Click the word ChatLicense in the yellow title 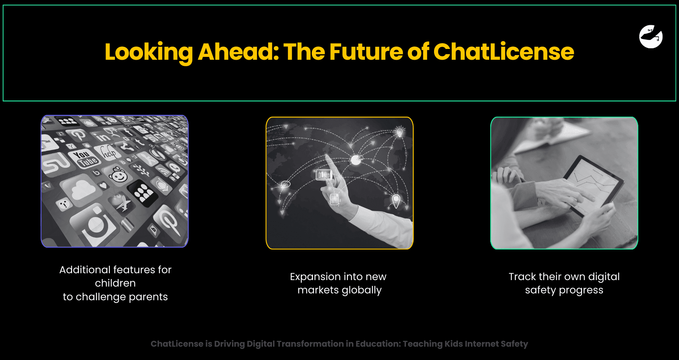pyautogui.click(x=503, y=52)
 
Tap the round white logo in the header pyautogui.click(x=651, y=37)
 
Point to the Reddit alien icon pyautogui.click(x=118, y=175)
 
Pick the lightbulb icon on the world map pyautogui.click(x=399, y=131)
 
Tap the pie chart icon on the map pyautogui.click(x=356, y=159)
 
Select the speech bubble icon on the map pyautogui.click(x=285, y=184)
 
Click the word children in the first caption pyautogui.click(x=115, y=283)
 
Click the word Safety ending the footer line pyautogui.click(x=514, y=344)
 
